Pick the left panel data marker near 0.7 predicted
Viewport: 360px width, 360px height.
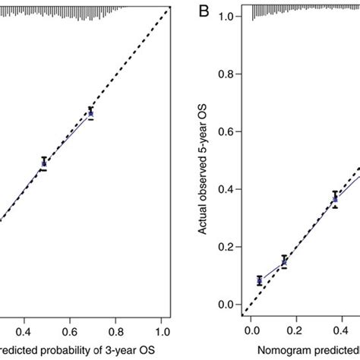click(90, 113)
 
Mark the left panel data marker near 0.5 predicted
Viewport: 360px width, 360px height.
click(43, 163)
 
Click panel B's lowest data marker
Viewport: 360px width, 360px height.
click(260, 281)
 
